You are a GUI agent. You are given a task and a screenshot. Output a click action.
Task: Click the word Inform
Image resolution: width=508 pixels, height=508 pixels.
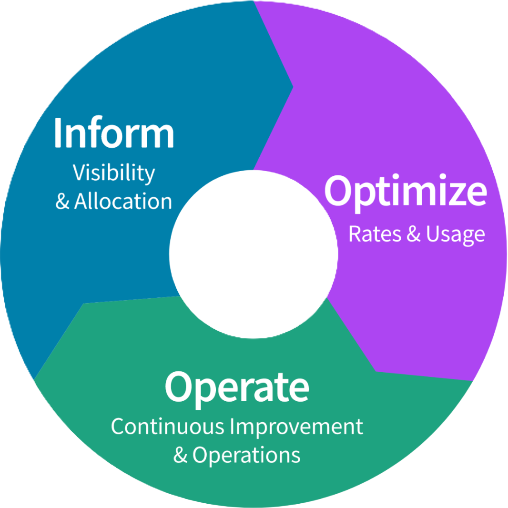click(114, 132)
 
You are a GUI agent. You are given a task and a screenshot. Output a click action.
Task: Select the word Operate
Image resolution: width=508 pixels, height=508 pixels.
click(237, 386)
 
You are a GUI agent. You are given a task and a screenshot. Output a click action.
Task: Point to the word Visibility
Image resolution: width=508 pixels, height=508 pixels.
click(114, 173)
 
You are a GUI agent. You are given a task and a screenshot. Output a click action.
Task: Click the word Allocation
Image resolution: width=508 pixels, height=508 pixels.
click(123, 202)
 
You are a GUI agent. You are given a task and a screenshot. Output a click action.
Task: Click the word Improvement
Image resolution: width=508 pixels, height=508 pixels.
click(296, 427)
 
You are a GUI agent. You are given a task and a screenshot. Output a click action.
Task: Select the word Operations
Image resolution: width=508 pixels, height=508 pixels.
click(246, 456)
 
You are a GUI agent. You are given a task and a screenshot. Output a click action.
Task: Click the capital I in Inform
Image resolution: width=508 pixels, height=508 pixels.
click(58, 132)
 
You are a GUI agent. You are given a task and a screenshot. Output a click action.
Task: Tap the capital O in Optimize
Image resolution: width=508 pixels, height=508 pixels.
click(339, 190)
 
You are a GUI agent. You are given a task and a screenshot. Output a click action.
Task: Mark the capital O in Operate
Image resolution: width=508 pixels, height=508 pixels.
click(178, 386)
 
